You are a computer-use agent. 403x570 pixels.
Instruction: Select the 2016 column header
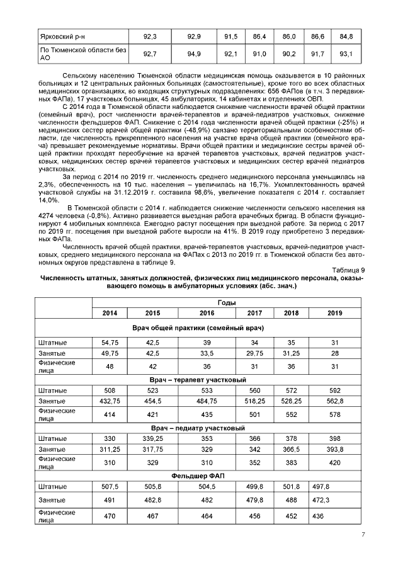[207, 313]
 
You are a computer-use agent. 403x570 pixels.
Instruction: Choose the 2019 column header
[334, 313]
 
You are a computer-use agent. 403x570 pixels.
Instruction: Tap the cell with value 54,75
[110, 342]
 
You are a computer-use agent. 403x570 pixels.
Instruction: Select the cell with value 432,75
[110, 401]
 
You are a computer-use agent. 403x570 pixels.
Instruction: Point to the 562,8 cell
[334, 401]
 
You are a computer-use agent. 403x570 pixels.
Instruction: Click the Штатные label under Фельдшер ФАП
[53, 486]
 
